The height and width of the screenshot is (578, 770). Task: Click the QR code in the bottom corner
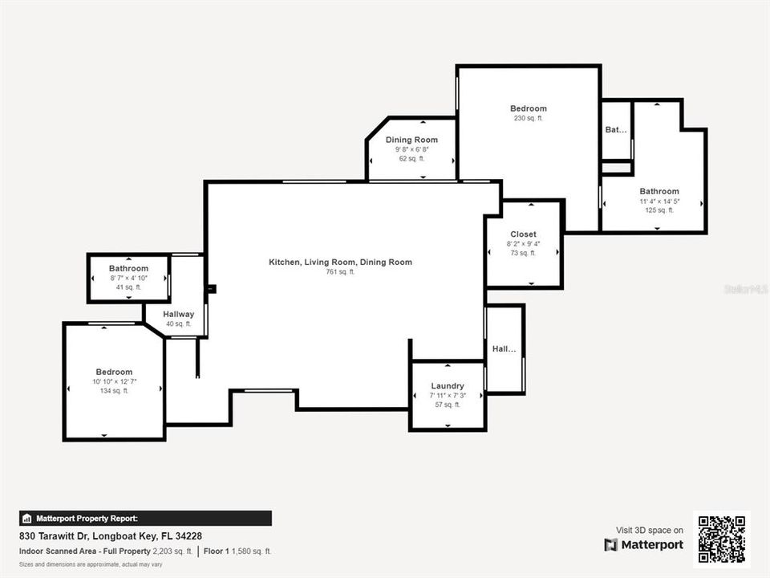[x=721, y=539]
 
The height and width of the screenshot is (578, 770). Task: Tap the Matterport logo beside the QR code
[x=644, y=545]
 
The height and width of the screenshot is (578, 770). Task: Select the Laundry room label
[x=447, y=386]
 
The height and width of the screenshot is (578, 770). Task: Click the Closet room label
[x=523, y=234]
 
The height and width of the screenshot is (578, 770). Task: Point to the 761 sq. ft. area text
[x=340, y=272]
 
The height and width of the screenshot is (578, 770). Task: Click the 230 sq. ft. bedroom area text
[x=529, y=119]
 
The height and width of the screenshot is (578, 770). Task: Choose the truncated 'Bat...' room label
[x=616, y=129]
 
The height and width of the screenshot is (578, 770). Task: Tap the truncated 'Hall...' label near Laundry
[x=505, y=349]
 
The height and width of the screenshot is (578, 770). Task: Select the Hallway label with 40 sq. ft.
[x=178, y=314]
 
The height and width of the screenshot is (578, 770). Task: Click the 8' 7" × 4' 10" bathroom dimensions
[x=128, y=278]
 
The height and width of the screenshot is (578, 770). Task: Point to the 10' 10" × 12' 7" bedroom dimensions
[x=114, y=381]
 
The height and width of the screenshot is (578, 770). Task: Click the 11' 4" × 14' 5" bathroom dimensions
[x=659, y=201]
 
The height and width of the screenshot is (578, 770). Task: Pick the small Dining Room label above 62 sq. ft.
[x=411, y=140]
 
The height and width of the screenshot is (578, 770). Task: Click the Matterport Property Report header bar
[x=145, y=519]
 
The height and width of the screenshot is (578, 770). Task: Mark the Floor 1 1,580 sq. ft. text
[x=237, y=552]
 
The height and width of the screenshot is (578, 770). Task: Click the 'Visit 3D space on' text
[x=650, y=530]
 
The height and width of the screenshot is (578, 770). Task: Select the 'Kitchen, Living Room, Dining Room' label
[x=340, y=262]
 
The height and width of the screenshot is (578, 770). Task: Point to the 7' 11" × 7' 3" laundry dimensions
[x=447, y=396]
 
